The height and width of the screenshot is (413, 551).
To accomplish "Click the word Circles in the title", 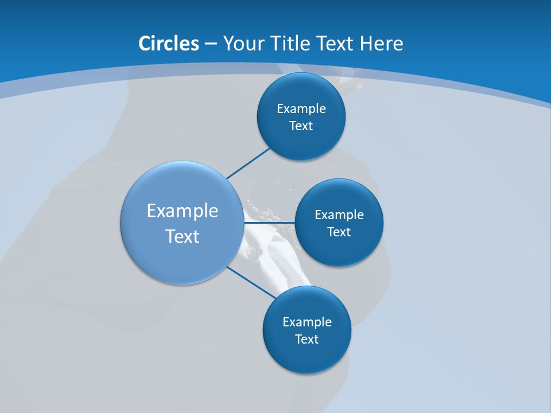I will (x=169, y=44).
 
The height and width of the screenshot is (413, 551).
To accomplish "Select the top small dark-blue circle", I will (x=301, y=86).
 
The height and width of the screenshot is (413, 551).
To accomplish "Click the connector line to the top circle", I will (x=248, y=163).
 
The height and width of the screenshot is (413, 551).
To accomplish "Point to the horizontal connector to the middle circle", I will (x=269, y=222).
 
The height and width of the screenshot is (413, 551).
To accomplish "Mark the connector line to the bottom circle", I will (x=251, y=282).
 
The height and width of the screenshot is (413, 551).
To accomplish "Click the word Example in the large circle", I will (x=183, y=211).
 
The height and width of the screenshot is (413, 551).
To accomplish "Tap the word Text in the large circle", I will (x=183, y=236).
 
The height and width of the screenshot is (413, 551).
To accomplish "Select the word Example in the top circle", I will (x=301, y=109).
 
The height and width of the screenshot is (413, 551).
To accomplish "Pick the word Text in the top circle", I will (x=301, y=126).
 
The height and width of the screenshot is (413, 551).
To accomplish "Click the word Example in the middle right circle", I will (x=339, y=215).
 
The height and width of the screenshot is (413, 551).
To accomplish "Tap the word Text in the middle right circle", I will (x=339, y=232).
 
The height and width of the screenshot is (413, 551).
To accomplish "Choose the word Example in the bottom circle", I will (x=307, y=322).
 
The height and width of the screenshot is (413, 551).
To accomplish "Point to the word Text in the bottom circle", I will (x=307, y=340).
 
